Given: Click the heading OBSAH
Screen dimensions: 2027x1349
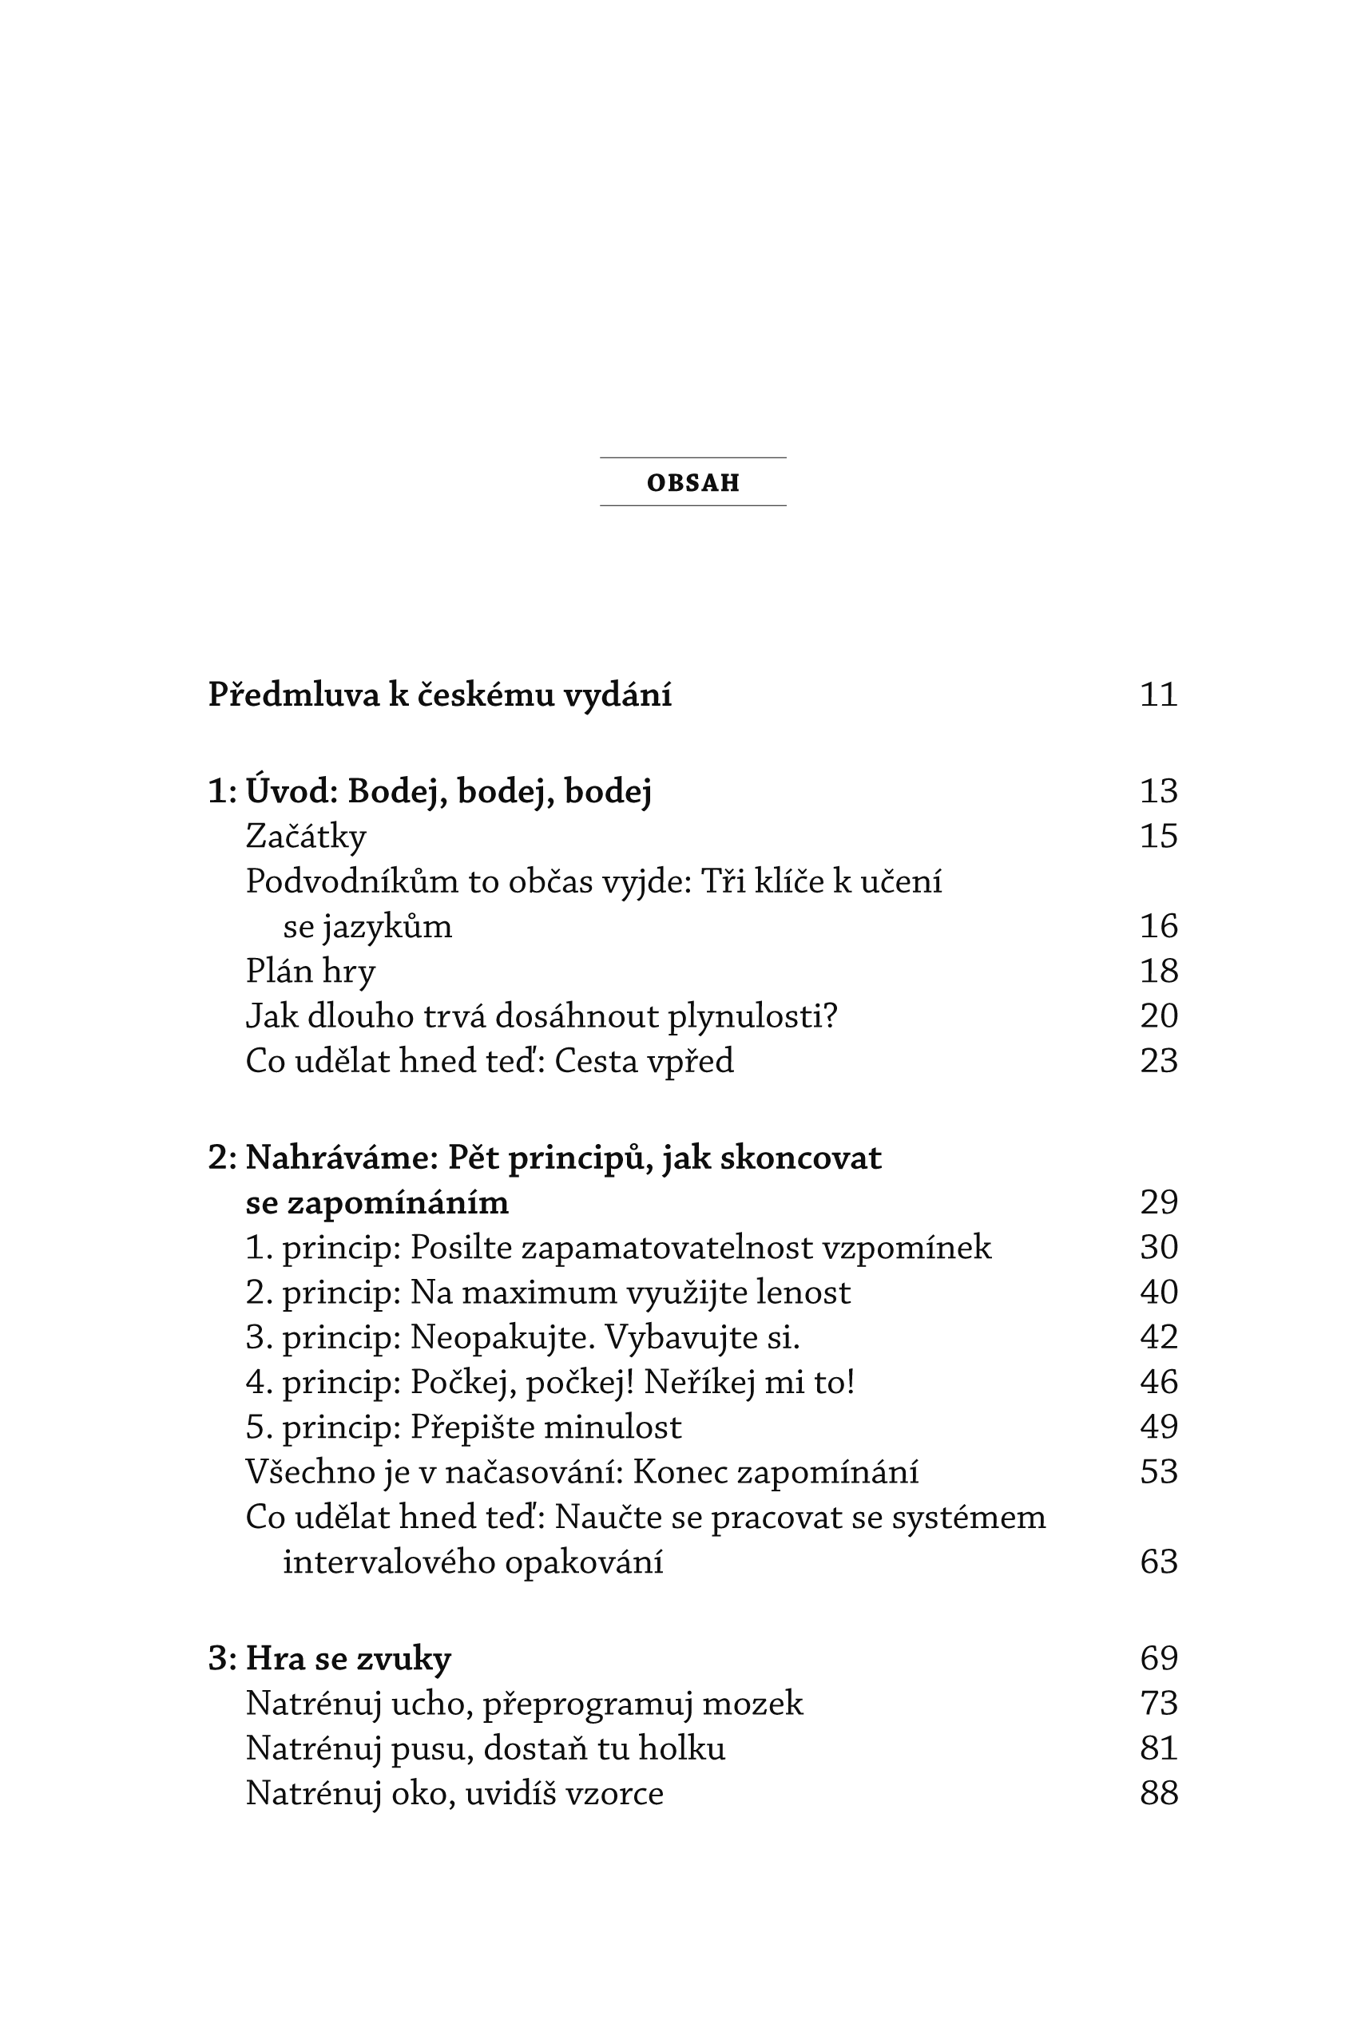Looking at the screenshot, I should pos(692,482).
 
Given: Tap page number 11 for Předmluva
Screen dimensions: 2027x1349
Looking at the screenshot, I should pos(1158,695).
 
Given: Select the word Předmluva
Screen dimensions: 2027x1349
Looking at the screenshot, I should pos(294,695).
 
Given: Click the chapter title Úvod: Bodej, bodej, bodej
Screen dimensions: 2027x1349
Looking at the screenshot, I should pos(448,791).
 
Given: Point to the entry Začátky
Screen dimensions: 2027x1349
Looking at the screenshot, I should pos(305,837).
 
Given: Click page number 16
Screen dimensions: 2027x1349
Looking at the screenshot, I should pos(1158,926).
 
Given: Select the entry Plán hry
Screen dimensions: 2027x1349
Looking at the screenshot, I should pos(311,972).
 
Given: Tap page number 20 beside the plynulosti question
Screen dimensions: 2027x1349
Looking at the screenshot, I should pos(1158,1016).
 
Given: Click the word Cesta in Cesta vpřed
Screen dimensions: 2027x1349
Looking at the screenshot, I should pos(596,1061).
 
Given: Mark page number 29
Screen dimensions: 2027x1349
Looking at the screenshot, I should pos(1158,1203).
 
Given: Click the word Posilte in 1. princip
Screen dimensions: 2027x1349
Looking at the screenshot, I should pos(461,1248).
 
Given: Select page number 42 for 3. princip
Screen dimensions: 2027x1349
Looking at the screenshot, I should pos(1158,1337).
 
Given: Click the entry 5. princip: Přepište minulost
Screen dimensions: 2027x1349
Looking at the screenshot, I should pos(463,1427).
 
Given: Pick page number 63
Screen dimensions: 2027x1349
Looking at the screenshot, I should pos(1158,1562).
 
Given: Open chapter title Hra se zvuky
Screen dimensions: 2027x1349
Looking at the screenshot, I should pos(347,1659).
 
